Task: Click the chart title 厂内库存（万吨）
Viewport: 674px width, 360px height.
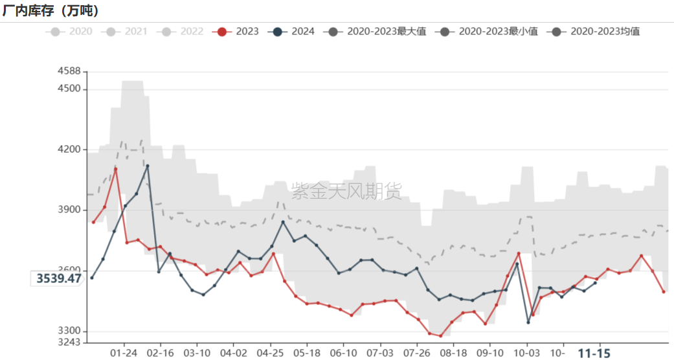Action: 51,10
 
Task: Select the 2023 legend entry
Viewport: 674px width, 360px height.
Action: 240,31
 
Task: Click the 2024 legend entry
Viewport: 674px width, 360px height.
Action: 295,31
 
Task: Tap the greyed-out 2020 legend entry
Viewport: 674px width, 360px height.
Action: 72,31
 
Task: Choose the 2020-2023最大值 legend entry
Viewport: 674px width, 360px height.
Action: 379,31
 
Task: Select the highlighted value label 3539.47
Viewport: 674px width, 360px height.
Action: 58,278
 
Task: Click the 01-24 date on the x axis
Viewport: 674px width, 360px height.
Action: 124,354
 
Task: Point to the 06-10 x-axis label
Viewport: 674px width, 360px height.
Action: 343,354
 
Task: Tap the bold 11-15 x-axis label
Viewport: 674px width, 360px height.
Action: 594,354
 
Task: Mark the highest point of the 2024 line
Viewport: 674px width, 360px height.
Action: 148,166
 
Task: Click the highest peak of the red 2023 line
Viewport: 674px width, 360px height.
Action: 115,169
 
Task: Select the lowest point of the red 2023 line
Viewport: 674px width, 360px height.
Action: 440,336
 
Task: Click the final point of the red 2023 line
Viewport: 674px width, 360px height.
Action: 664,292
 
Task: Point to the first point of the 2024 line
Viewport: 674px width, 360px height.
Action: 92,278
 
